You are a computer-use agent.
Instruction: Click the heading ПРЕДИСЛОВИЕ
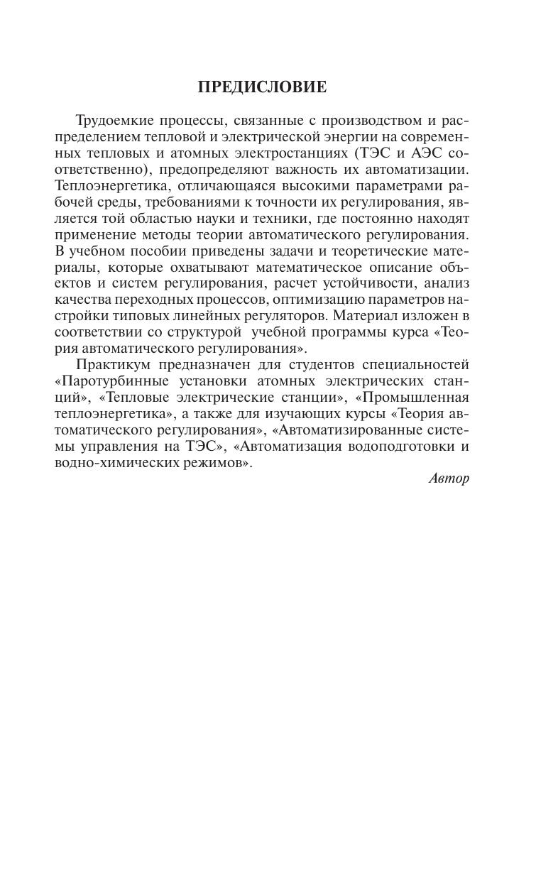coord(262,87)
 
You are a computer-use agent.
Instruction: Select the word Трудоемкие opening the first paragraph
coord(114,120)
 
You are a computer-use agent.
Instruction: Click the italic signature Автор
coord(449,478)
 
